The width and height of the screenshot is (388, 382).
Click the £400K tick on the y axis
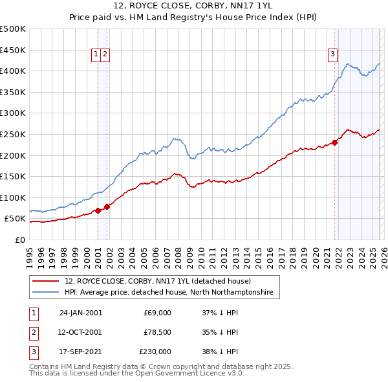pos(13,71)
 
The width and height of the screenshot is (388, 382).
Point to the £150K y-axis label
pos(13,176)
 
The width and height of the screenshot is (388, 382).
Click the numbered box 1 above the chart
pos(96,55)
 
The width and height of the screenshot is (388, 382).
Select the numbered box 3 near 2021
pos(332,55)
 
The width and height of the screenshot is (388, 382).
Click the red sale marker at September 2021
pos(335,142)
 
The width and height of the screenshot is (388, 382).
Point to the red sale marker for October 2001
pos(107,207)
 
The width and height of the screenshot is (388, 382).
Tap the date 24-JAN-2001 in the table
pos(81,313)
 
